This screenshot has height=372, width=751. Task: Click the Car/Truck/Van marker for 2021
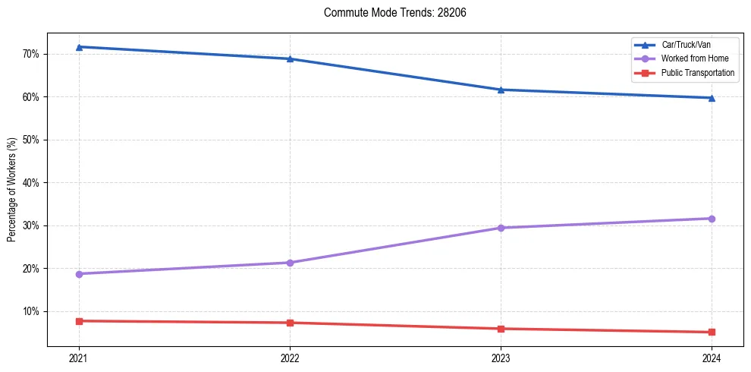(x=79, y=47)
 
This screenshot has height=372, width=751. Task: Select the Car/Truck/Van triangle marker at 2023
(x=501, y=90)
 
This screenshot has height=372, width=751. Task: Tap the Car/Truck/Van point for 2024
(x=712, y=98)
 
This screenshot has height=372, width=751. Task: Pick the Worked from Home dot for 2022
(x=290, y=263)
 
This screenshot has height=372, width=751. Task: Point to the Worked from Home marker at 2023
(x=501, y=228)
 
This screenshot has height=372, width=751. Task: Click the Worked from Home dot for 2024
(x=712, y=219)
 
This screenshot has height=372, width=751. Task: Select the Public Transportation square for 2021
(x=79, y=321)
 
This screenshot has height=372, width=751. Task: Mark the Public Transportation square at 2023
(x=501, y=329)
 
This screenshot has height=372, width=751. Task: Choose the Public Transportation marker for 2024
(x=712, y=332)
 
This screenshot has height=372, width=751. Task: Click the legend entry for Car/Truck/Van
(x=686, y=45)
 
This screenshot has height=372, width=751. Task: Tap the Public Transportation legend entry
(x=698, y=73)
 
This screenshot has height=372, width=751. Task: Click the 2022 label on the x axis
(x=290, y=358)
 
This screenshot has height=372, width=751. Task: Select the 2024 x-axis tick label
(x=712, y=358)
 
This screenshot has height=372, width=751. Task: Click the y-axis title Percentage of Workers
(x=12, y=189)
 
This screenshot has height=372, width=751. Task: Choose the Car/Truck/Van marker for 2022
(x=290, y=58)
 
